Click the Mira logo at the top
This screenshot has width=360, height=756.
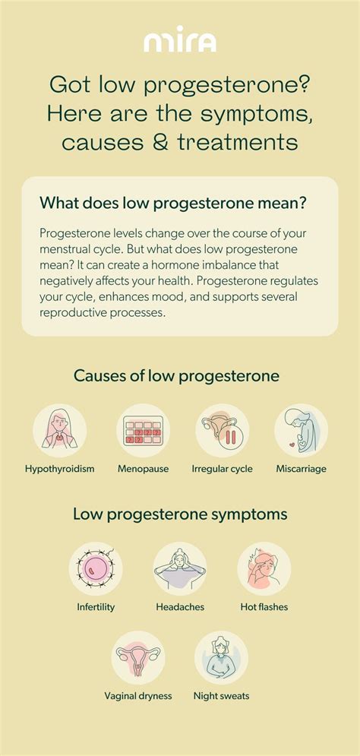(x=180, y=39)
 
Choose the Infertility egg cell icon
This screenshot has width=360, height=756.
(x=96, y=569)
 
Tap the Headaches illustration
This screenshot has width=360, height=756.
(x=180, y=569)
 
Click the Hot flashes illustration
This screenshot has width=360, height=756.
(x=264, y=569)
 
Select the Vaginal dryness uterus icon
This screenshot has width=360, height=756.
(x=138, y=658)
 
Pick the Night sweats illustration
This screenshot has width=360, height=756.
(x=221, y=658)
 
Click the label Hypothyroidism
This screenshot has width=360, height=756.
(x=60, y=469)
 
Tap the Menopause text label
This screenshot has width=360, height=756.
(x=143, y=469)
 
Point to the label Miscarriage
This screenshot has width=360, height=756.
(x=302, y=469)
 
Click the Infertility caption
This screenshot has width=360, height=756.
(x=96, y=607)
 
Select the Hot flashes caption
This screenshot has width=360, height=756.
(x=264, y=607)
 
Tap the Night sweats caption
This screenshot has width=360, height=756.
(x=221, y=696)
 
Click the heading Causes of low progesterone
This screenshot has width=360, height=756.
(x=176, y=376)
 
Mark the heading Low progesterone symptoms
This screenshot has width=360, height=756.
(x=180, y=514)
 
